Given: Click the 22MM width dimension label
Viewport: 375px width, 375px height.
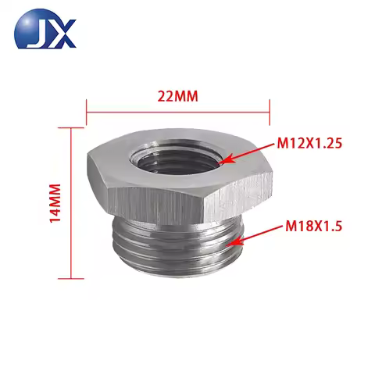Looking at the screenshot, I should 177,97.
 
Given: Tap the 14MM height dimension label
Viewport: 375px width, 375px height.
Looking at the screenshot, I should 54,204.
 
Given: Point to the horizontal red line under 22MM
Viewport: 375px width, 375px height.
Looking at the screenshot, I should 177,110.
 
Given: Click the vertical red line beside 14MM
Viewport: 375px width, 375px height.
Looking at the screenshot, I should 72,203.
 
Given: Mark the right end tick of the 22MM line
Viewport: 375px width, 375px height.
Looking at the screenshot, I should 270,110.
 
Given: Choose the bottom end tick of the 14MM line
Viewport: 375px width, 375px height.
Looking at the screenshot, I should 72,277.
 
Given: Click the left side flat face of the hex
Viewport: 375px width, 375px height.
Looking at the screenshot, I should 100,184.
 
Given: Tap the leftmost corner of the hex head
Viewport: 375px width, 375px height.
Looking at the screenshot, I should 83,166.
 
